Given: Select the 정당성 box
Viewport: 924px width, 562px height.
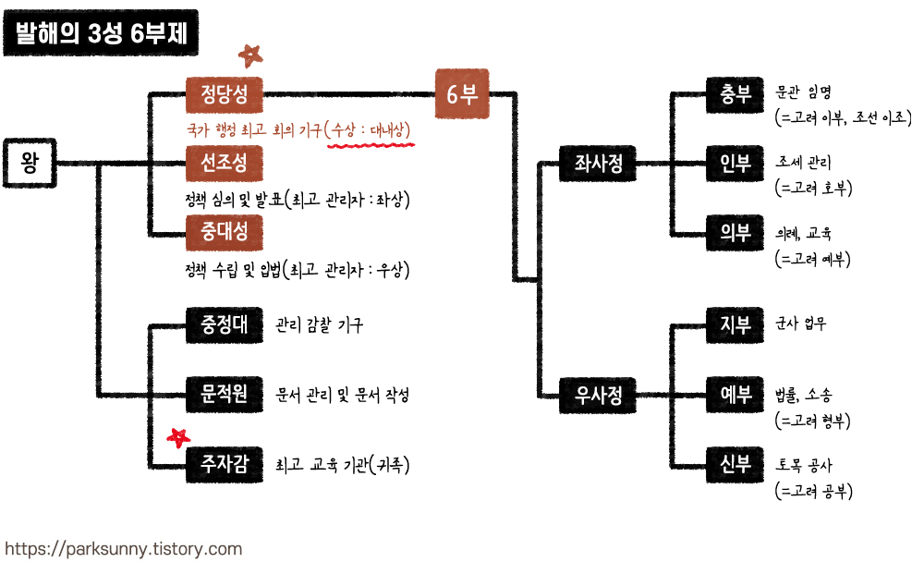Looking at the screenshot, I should coord(225,93).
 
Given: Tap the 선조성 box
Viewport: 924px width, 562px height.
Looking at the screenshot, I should coord(225,163).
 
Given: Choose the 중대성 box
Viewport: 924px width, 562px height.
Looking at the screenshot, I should coord(225,232).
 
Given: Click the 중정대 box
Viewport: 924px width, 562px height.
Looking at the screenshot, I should coord(225,324).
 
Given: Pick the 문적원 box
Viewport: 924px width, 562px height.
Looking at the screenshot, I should coord(225,394).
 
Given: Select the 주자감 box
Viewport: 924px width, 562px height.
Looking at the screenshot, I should coord(225,464).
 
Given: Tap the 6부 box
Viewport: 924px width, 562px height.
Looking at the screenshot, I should coord(462,94).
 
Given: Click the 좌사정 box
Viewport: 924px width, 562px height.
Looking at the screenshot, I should coord(599,164).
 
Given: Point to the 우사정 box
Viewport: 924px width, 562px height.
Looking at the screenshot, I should coord(599,395).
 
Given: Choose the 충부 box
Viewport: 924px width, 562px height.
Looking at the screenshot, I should coord(736,94).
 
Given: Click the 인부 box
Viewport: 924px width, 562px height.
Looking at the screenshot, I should coord(736,164).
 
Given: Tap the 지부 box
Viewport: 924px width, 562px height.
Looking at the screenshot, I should coord(736,325).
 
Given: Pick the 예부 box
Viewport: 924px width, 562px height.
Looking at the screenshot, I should coord(736,395).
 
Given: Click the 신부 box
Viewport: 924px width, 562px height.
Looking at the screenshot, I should coord(736,464).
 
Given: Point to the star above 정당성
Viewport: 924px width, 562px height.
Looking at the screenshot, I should coord(249,55).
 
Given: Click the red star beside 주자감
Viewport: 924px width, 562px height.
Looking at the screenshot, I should coord(178,436).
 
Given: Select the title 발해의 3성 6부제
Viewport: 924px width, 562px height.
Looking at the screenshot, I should coord(102,34).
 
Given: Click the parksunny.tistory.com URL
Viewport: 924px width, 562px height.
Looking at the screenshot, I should coord(123,548).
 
